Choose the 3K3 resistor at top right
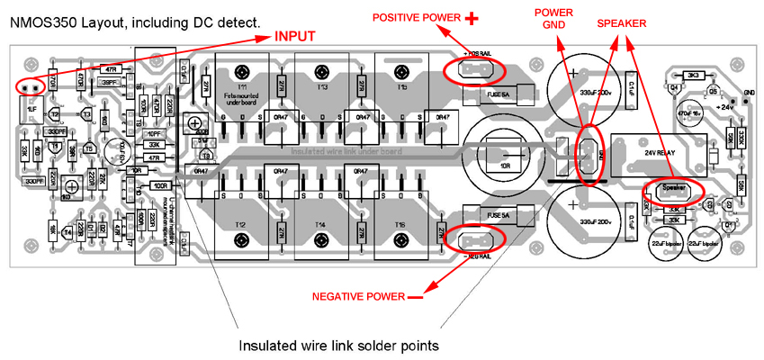(x=693, y=76)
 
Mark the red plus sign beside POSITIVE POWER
(x=472, y=17)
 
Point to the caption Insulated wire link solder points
(x=337, y=346)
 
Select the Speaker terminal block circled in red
(x=674, y=189)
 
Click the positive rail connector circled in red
(x=474, y=70)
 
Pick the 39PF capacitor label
(x=110, y=83)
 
